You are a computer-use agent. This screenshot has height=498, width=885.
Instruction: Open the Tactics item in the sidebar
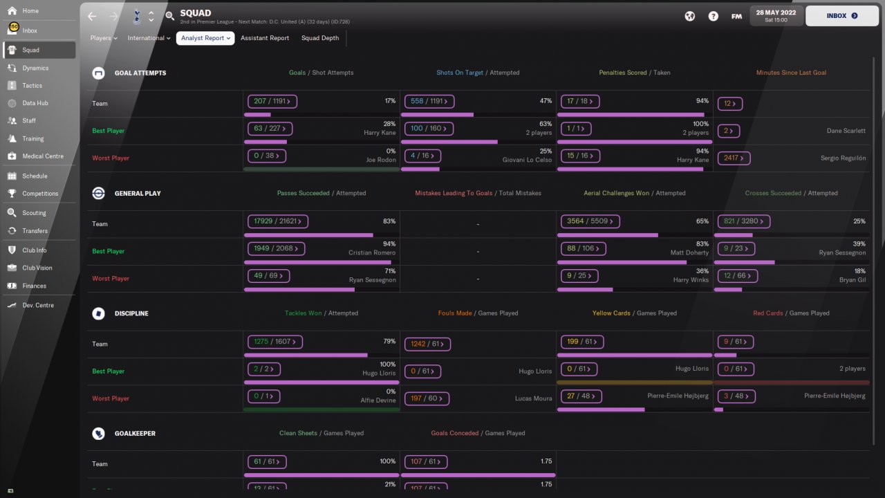(x=32, y=85)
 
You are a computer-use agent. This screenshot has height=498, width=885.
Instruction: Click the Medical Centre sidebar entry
(x=43, y=156)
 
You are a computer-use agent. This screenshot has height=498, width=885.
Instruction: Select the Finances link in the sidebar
(x=34, y=286)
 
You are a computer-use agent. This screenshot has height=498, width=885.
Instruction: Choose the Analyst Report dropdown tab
(x=205, y=38)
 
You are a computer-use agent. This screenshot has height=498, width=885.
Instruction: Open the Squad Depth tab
(x=320, y=38)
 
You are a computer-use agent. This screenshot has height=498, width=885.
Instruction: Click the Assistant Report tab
(x=265, y=38)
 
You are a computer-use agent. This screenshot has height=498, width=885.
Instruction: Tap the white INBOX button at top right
(x=842, y=16)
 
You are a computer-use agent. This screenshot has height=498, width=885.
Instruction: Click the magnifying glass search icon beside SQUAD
(x=170, y=16)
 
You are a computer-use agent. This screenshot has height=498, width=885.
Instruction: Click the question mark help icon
(x=713, y=16)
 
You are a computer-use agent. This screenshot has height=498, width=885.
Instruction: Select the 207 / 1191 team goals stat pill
(x=272, y=101)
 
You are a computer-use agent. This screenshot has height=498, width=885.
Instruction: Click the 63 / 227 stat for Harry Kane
(x=270, y=129)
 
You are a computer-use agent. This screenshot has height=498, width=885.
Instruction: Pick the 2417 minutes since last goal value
(x=734, y=158)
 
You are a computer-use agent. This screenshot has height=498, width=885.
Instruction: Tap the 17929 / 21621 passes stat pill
(x=278, y=221)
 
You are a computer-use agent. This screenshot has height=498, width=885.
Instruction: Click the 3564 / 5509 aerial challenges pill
(x=590, y=221)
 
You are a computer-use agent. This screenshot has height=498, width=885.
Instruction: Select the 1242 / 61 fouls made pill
(x=427, y=344)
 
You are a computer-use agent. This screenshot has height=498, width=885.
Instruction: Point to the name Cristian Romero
(x=372, y=252)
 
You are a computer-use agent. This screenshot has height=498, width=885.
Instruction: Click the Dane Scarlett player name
(x=846, y=131)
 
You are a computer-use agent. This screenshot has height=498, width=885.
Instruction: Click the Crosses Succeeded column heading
(x=773, y=193)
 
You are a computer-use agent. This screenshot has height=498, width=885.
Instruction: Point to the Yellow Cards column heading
(x=611, y=313)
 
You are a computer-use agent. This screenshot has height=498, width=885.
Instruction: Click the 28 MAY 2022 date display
(x=776, y=16)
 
